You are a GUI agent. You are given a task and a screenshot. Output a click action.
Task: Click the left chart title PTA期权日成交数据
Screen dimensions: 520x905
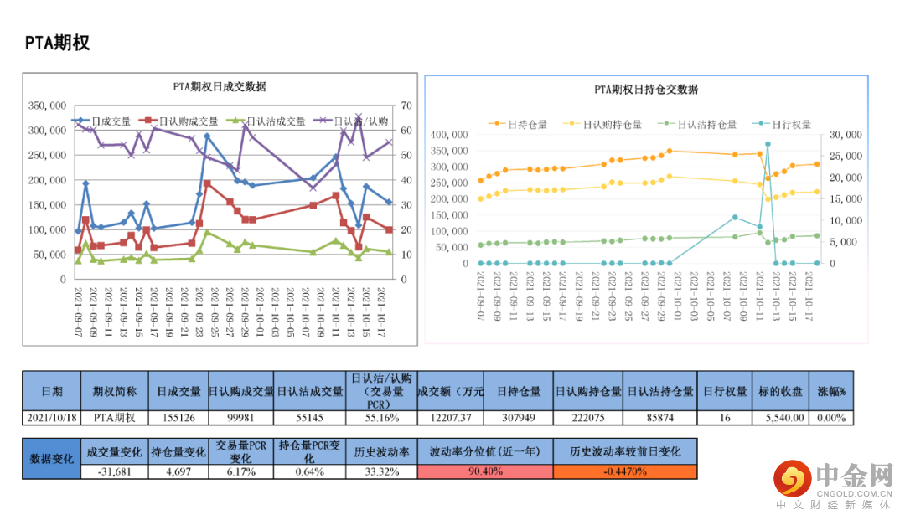(220, 86)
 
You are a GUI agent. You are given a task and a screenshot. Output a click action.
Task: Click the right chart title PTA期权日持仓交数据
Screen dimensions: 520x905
(646, 89)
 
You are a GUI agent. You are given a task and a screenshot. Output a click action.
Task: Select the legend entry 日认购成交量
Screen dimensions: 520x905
(188, 121)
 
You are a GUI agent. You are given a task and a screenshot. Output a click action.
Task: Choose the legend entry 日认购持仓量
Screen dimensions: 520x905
(612, 124)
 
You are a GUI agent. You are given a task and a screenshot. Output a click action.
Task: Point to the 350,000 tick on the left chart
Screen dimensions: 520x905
(48, 106)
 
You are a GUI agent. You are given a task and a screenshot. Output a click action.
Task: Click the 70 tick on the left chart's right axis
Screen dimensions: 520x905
(407, 106)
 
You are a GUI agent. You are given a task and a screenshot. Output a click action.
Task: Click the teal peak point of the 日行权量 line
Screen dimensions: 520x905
(768, 144)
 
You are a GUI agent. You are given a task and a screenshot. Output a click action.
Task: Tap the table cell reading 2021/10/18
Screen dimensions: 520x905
(51, 417)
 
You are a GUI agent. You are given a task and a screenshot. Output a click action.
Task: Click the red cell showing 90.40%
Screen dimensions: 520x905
(485, 471)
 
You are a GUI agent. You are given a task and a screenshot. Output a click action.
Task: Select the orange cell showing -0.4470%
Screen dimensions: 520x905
(624, 471)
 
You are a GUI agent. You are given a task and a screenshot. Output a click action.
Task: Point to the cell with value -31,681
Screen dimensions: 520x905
(114, 471)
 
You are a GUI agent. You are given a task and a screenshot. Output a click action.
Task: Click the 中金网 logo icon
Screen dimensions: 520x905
(790, 477)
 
